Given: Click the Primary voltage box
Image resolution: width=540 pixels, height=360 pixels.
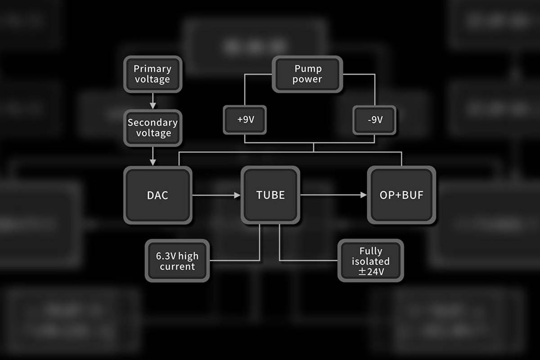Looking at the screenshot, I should (x=153, y=74).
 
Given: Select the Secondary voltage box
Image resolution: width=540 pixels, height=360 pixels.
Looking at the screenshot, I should (x=153, y=128).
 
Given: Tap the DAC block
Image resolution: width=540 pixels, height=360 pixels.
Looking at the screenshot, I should (x=157, y=195).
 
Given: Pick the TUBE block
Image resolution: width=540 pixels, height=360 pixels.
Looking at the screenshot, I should (x=270, y=195).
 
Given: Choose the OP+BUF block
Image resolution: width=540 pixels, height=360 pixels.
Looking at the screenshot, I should (x=401, y=195).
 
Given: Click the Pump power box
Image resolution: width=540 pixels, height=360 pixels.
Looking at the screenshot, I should (x=308, y=74).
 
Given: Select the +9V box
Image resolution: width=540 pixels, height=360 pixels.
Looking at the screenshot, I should (x=245, y=120).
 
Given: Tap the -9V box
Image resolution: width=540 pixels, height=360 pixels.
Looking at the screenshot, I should (x=374, y=120).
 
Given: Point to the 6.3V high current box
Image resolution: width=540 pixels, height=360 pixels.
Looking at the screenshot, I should (x=177, y=261).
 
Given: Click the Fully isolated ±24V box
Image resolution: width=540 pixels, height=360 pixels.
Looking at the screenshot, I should (x=371, y=261).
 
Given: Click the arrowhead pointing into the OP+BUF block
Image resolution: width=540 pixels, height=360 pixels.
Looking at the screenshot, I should (x=364, y=195).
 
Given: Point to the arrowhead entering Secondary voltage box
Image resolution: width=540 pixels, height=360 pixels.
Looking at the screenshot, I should (x=153, y=106).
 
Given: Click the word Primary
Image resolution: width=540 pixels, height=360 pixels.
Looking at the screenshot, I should (x=153, y=69).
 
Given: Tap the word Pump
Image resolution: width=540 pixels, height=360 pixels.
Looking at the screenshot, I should (x=308, y=69).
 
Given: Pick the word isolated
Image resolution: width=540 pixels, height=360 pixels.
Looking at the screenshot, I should (x=371, y=261).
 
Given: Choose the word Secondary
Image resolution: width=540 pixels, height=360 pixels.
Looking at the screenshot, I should (x=153, y=122).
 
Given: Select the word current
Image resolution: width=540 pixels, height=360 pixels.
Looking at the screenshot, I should (x=177, y=266).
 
